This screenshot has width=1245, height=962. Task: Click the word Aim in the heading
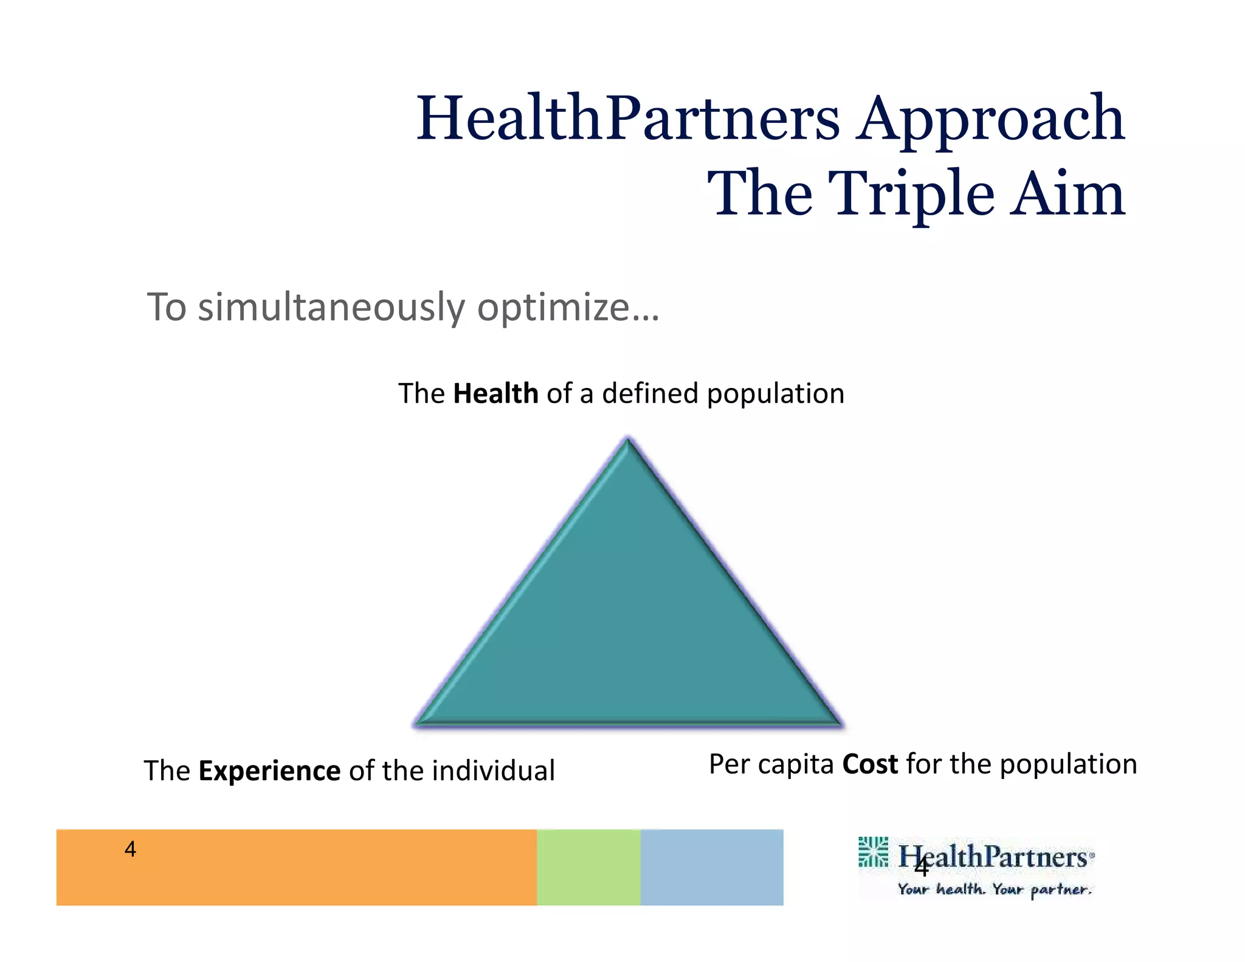click(1067, 193)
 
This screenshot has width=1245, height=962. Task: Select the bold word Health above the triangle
click(495, 393)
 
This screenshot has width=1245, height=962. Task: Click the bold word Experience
click(269, 771)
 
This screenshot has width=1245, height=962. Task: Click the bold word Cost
click(870, 764)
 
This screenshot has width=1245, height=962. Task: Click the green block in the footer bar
click(588, 867)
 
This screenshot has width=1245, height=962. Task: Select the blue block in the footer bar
click(711, 867)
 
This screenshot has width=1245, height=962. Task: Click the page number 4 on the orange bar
click(130, 849)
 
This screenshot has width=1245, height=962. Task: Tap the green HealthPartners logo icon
click(873, 851)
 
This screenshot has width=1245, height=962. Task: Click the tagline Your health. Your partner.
click(995, 890)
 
